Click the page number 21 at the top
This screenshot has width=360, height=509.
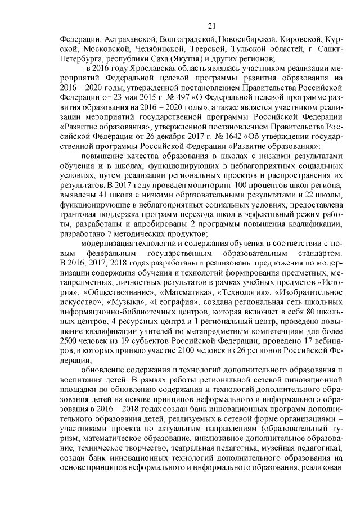click(211, 25)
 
